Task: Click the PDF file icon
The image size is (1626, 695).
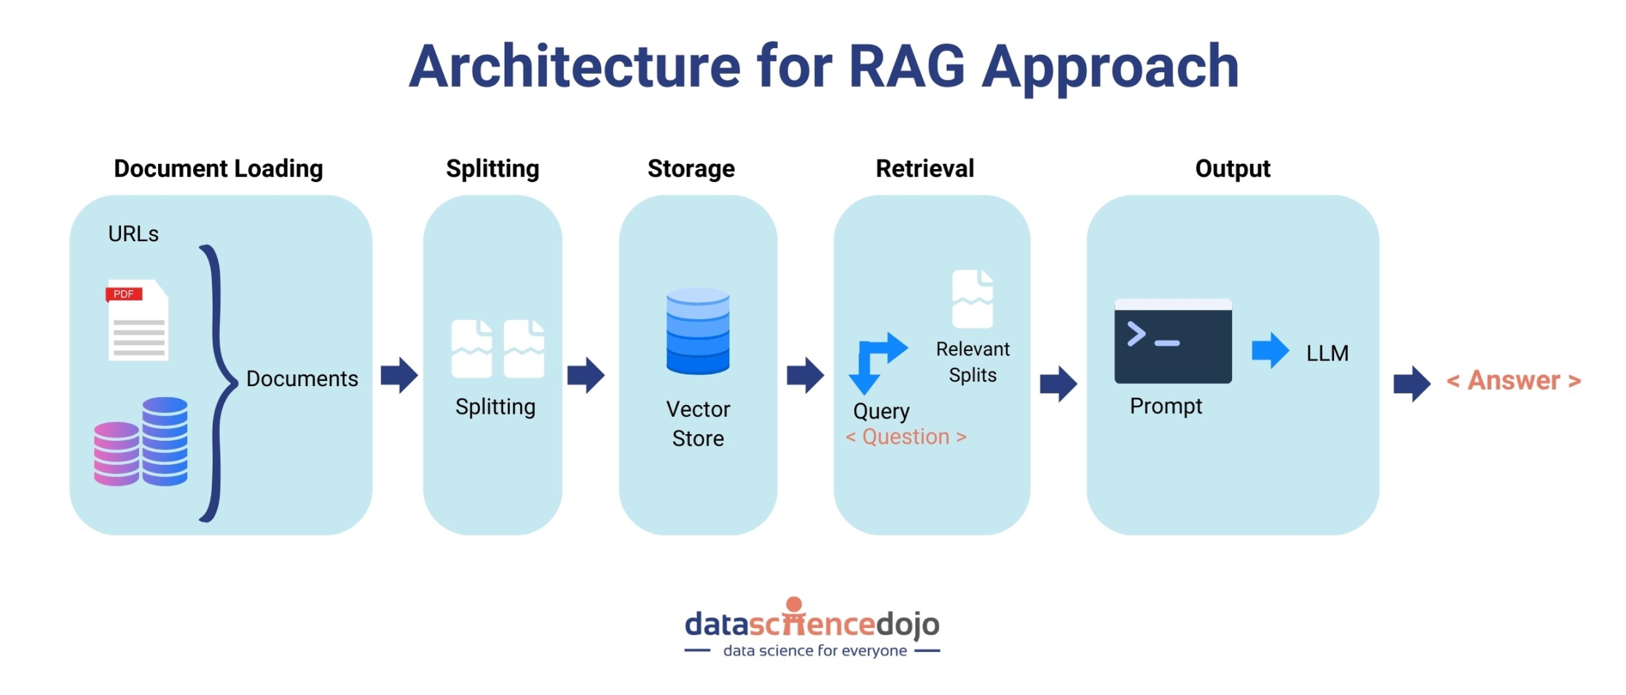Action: tap(138, 320)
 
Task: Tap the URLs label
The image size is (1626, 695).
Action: tap(133, 234)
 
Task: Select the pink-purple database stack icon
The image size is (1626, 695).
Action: tap(117, 453)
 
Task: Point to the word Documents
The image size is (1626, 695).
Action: tap(302, 379)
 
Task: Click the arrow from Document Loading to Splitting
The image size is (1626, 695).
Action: tap(399, 375)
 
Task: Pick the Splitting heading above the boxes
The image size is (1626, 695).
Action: tap(492, 168)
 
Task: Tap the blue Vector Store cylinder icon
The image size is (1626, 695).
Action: tap(697, 331)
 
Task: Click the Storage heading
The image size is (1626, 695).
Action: tap(691, 168)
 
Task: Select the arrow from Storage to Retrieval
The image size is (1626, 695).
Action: tap(805, 375)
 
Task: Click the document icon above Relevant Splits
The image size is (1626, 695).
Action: tap(972, 299)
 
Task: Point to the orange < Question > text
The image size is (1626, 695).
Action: tap(906, 436)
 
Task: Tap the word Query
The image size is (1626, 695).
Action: tap(881, 411)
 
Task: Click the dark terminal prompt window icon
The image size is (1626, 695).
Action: tap(1172, 341)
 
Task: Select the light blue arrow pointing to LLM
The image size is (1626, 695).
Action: tap(1270, 350)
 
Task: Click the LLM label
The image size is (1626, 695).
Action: tap(1327, 353)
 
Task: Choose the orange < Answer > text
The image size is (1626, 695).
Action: tap(1513, 380)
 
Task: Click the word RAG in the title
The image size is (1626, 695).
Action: tap(906, 67)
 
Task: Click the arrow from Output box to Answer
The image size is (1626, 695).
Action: tap(1411, 383)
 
